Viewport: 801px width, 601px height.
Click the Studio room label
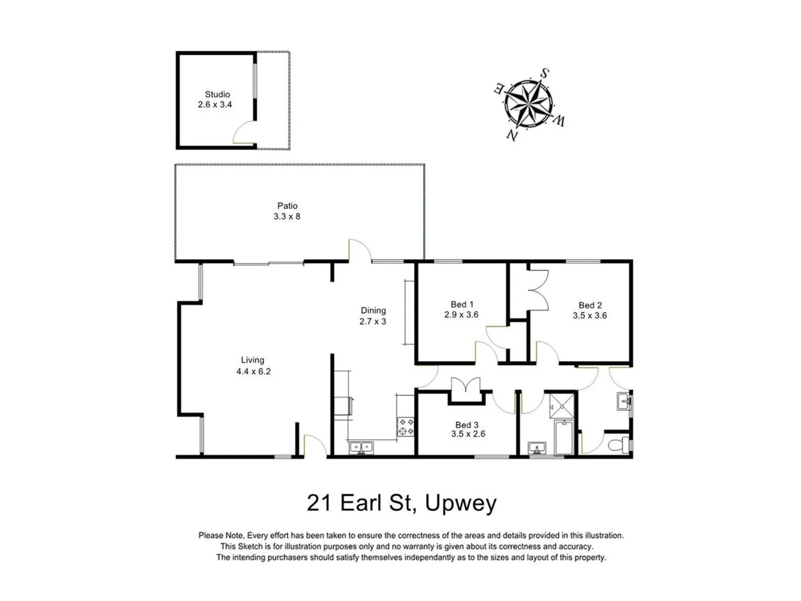[x=217, y=95]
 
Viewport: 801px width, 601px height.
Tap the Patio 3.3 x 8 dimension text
[x=286, y=216]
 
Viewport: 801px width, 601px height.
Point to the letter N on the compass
[x=511, y=134]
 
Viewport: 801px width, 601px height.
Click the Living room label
[x=253, y=360]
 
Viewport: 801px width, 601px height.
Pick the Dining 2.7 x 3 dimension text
[x=373, y=321]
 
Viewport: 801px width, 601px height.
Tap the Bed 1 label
[x=462, y=304]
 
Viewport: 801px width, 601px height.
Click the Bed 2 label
[x=590, y=305]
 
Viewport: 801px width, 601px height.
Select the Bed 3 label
[x=467, y=425]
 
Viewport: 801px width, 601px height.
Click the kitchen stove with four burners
[x=406, y=426]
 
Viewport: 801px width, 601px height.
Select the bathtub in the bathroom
[x=564, y=438]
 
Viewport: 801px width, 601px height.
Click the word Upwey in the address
[x=461, y=503]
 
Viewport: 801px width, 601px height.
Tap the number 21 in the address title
[x=319, y=503]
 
